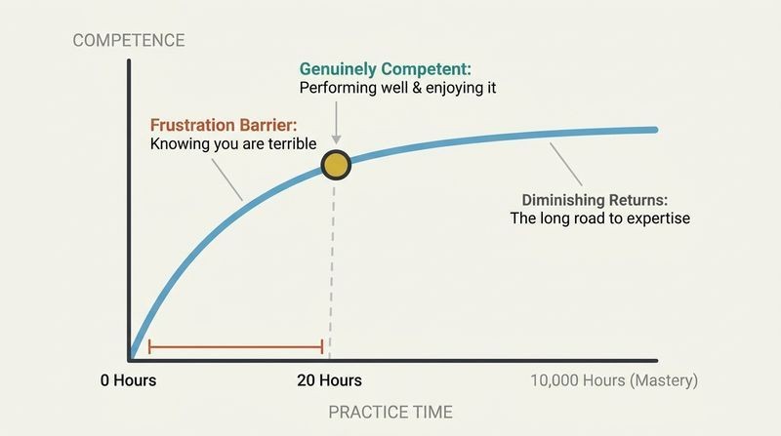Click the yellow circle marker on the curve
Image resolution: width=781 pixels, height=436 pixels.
click(336, 165)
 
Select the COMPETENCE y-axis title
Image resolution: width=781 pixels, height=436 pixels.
click(129, 40)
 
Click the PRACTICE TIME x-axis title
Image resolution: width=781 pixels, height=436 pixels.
click(390, 413)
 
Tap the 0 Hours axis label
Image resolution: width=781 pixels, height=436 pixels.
click(129, 380)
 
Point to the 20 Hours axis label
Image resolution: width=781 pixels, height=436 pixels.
click(329, 380)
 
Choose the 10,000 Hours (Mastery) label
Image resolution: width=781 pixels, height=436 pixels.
click(614, 380)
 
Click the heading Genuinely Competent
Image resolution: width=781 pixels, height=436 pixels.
click(385, 68)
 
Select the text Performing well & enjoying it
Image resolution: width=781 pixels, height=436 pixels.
click(397, 88)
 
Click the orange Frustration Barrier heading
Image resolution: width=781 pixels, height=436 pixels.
click(224, 125)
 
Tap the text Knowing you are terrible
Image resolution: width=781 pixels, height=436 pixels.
click(233, 143)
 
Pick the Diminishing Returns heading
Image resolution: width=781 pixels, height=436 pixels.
click(595, 200)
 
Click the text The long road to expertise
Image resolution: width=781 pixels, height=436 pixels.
click(600, 218)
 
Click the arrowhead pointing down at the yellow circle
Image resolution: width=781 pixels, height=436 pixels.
click(336, 139)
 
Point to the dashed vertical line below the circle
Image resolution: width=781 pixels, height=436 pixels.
click(332, 270)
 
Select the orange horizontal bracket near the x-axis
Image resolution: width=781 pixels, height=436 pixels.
click(235, 347)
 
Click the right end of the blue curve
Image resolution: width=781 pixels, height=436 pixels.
click(655, 130)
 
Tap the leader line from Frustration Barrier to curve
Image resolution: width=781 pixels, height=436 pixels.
click(227, 179)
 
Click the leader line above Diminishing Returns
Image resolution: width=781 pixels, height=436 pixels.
click(566, 164)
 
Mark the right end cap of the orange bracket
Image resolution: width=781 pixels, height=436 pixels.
click(322, 347)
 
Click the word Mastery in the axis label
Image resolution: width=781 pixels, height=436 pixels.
click(664, 380)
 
